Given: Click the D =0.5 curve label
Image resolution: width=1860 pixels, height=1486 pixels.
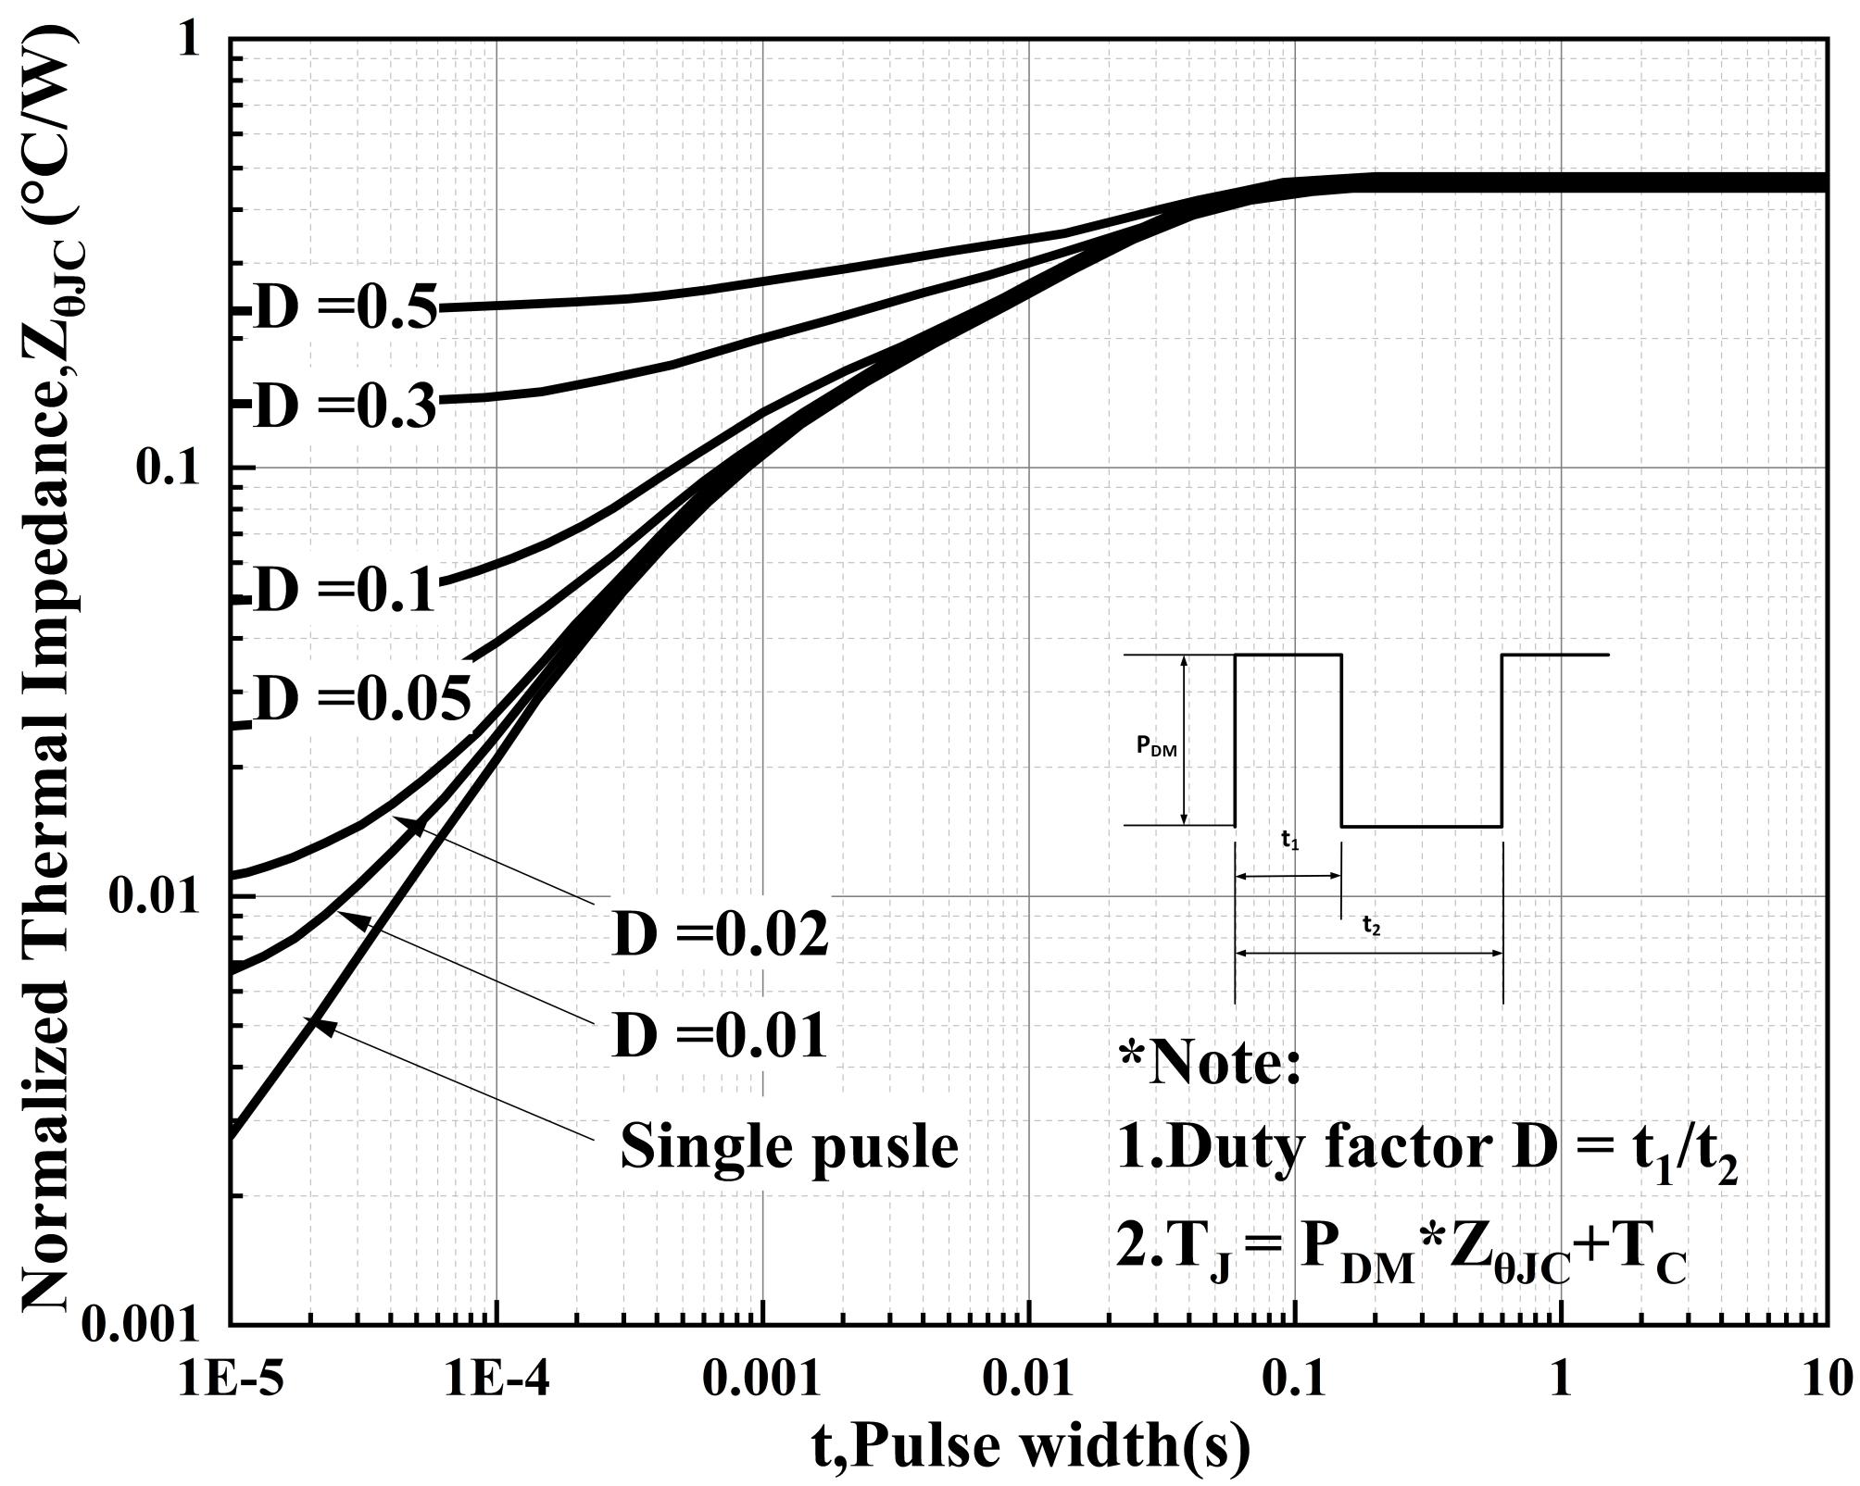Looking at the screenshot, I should [x=345, y=309].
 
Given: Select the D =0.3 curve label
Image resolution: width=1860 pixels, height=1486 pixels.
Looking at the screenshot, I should [x=345, y=406].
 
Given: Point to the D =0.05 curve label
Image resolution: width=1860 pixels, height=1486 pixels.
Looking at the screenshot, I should [x=361, y=699].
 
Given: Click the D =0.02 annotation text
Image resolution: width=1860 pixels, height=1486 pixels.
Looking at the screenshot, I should [x=720, y=935].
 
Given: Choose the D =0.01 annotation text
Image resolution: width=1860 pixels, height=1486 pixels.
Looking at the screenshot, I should [x=720, y=1036].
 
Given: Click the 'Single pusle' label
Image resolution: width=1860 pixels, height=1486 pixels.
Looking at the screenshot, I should [x=788, y=1146].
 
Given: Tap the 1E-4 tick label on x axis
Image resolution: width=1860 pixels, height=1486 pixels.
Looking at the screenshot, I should [x=497, y=1380].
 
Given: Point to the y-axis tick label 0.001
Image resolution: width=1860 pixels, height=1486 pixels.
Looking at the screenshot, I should [x=141, y=1326].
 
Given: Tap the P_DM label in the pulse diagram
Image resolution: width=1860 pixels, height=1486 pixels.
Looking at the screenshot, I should [x=1157, y=748].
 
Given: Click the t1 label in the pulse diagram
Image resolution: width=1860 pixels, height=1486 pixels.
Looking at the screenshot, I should [x=1289, y=841].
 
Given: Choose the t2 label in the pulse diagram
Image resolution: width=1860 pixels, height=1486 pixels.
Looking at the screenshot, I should [x=1371, y=926].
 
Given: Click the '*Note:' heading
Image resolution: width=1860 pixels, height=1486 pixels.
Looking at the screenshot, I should [x=1210, y=1063].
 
